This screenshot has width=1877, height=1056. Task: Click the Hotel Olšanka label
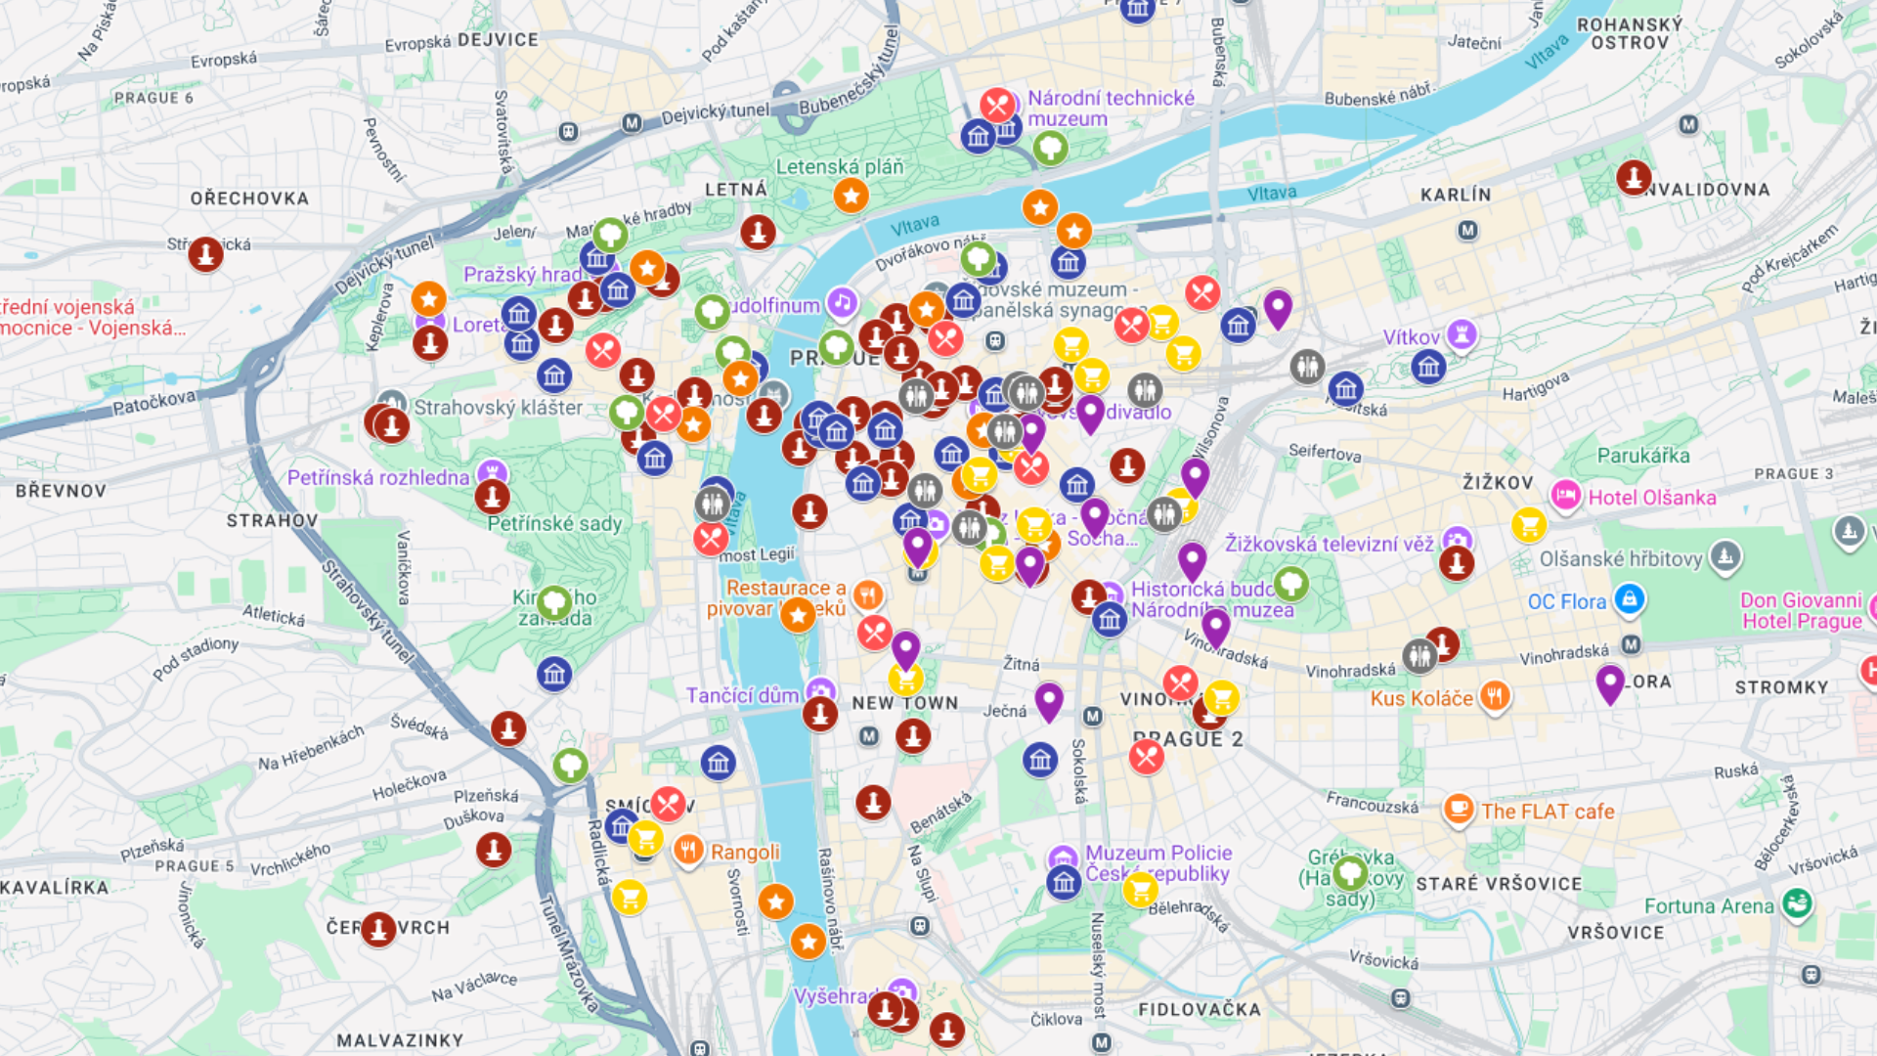pos(1651,498)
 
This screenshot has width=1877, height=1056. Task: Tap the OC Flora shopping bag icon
pos(1629,599)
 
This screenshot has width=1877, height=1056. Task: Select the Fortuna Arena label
pos(1709,906)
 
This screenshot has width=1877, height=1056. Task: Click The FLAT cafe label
pos(1548,812)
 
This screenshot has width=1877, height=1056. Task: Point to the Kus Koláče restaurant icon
pos(1494,696)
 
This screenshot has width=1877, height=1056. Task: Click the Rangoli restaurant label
pos(745,853)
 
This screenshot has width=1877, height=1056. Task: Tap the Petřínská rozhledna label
pos(378,478)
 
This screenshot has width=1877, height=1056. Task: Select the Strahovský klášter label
pos(498,408)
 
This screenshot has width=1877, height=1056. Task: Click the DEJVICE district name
pos(498,40)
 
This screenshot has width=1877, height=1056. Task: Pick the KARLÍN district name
pos(1456,195)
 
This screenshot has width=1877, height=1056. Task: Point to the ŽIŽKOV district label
pos(1498,483)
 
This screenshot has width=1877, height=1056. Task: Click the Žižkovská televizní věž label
pos(1329,545)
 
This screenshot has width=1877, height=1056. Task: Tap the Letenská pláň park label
pos(840,167)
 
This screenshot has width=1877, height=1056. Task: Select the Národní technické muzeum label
pos(1111,109)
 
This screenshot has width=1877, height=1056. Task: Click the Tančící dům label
pos(742,695)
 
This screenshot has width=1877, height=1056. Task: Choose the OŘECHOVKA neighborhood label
pos(249,198)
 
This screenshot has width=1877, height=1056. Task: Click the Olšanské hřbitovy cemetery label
pos(1621,559)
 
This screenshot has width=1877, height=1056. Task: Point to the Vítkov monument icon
pos(1462,334)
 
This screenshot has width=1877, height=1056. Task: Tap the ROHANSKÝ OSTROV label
pos(1630,34)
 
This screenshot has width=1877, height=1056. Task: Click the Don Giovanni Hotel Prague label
pos(1801,611)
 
